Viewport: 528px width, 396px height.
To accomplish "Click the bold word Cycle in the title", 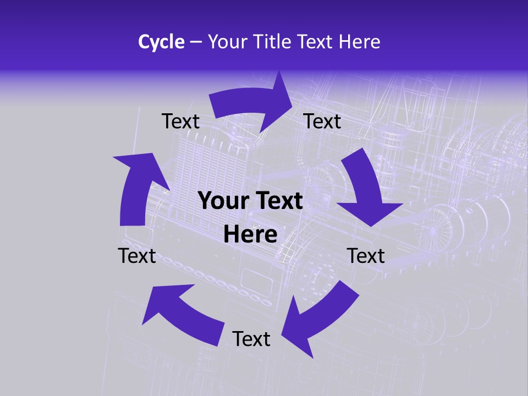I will tap(161, 42).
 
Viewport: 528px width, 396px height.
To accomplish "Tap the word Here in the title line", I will tap(359, 42).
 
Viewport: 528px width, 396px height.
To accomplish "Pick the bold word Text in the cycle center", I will tap(278, 201).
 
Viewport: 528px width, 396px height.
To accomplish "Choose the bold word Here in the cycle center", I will tap(250, 235).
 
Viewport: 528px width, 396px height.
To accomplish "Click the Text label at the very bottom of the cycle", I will tap(251, 339).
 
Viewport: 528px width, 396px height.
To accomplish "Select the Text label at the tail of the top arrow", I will tap(180, 121).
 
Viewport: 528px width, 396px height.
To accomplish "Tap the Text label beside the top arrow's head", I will tap(322, 121).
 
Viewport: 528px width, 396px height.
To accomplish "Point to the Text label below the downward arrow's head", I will tap(366, 256).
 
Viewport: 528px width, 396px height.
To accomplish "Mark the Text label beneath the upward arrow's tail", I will tap(137, 256).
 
